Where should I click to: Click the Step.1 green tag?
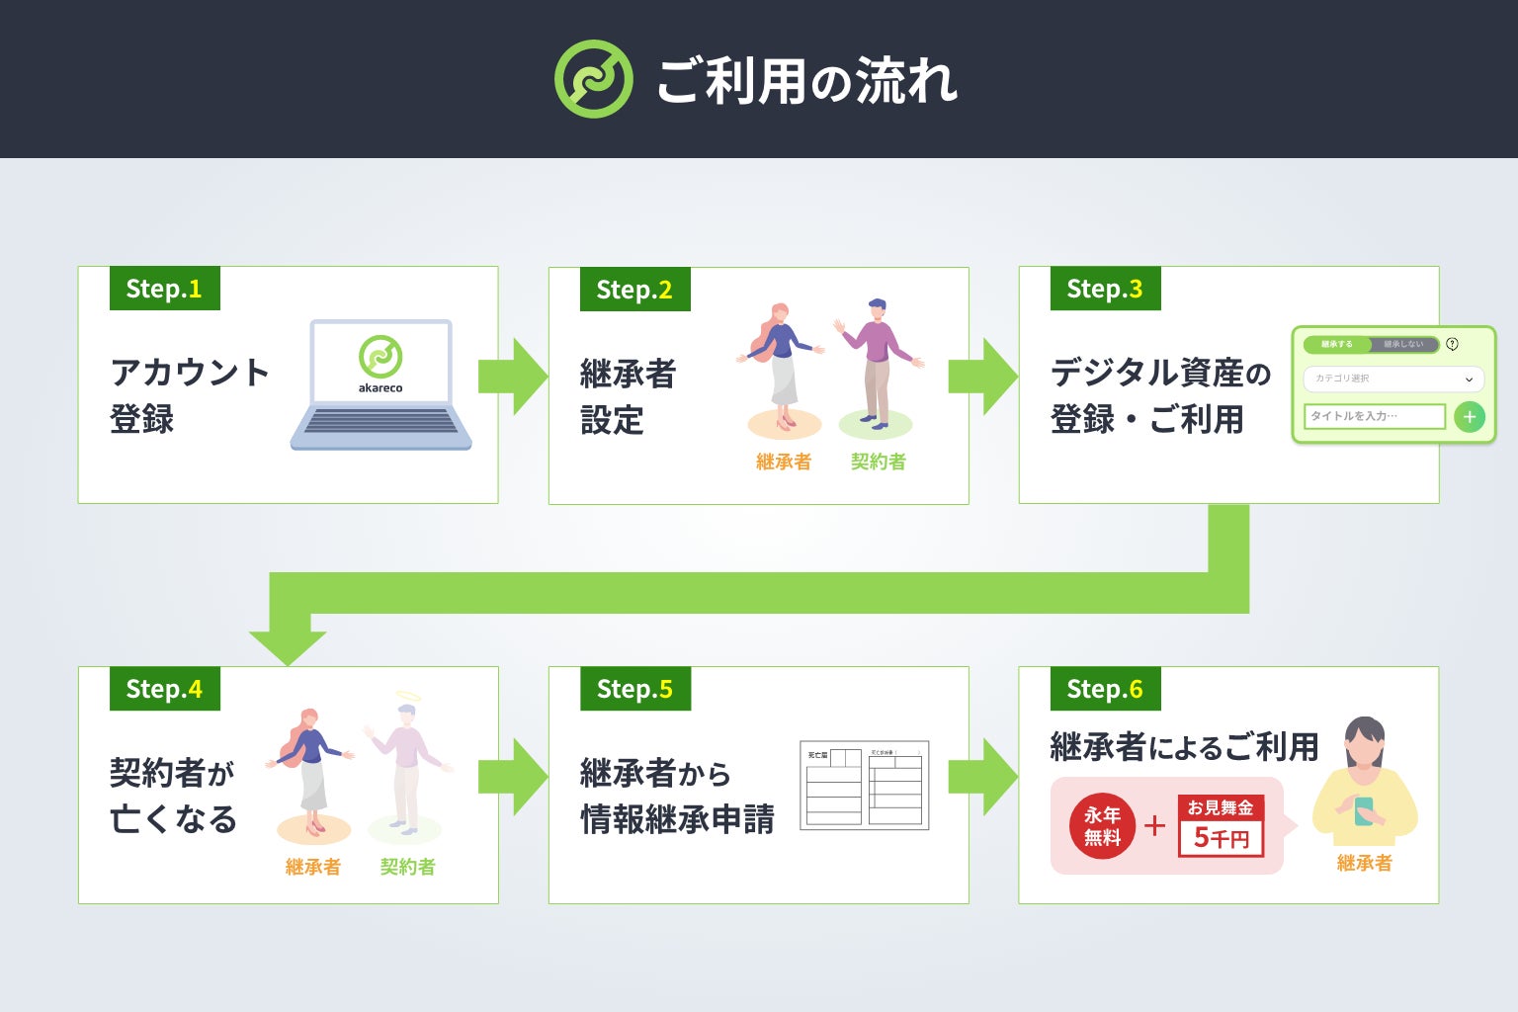coord(164,289)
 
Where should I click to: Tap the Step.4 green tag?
coord(164,689)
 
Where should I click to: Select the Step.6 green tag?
coord(1105,689)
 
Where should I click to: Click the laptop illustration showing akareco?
coord(381,384)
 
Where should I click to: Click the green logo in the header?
coord(593,79)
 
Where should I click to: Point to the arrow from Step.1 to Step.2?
coord(512,377)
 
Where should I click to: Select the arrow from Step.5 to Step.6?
coord(982,777)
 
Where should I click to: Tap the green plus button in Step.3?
coord(1470,417)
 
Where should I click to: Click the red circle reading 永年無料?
coord(1102,826)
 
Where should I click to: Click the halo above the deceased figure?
coord(408,696)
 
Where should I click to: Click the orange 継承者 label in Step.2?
coord(784,462)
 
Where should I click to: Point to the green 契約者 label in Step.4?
coord(407,867)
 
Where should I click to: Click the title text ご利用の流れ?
coord(806,81)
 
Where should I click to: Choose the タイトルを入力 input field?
coord(1374,416)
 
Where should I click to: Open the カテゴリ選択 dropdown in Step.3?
coord(1393,379)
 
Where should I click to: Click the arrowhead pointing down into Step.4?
coord(288,647)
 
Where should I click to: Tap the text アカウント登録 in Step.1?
coord(188,395)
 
